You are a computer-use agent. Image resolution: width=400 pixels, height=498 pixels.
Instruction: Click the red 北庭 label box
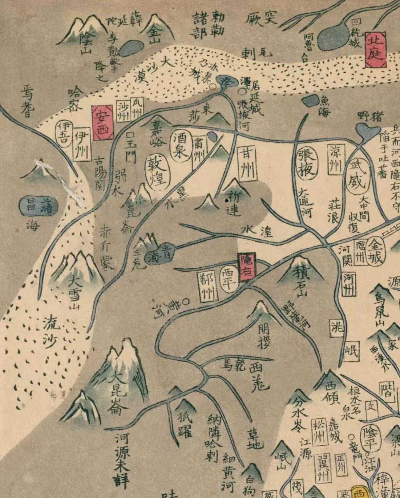pos(376,50)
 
